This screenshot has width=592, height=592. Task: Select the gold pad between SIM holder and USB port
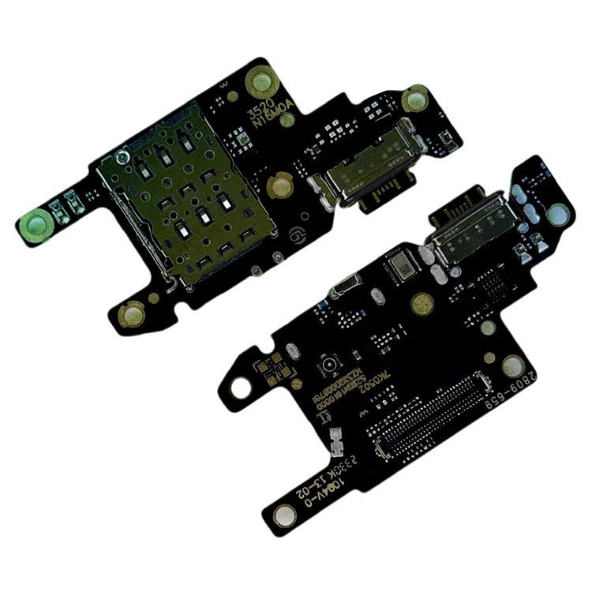click(x=279, y=186)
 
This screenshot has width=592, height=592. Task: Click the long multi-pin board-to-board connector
click(x=431, y=415)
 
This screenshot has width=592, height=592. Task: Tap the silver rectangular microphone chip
click(x=401, y=269)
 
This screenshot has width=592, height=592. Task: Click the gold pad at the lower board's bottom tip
click(x=286, y=517)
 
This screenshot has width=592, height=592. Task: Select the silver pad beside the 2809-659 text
click(x=514, y=365)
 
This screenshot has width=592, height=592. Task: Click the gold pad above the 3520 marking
click(x=260, y=81)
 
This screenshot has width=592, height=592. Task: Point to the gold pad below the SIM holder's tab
click(x=130, y=316)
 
